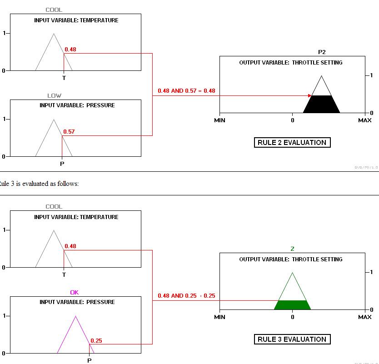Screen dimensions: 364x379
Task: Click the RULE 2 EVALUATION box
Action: [292, 142]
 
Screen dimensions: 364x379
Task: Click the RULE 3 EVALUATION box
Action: [292, 339]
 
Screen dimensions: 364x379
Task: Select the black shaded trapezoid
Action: [321, 105]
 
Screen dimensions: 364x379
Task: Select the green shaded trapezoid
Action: [292, 305]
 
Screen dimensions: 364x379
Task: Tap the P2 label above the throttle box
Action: [322, 52]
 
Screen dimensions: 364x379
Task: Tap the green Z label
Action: [292, 249]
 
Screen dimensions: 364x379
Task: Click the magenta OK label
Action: [75, 292]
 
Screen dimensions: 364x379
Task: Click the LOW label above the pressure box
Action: [54, 95]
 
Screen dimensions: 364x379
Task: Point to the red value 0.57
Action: [69, 132]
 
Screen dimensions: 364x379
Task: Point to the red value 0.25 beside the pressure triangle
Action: [96, 340]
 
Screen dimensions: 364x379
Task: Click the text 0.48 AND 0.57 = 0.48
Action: [186, 91]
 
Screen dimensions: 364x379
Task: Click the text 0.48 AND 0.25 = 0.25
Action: [186, 296]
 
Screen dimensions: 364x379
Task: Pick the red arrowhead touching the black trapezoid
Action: [309, 96]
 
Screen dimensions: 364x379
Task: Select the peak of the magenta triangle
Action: [75, 316]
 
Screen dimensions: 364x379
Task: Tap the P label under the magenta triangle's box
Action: [89, 360]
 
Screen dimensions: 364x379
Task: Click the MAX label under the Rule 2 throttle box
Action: [364, 120]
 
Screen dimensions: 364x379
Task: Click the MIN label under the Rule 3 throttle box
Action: [219, 317]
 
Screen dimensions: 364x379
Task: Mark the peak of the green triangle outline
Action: [292, 273]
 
